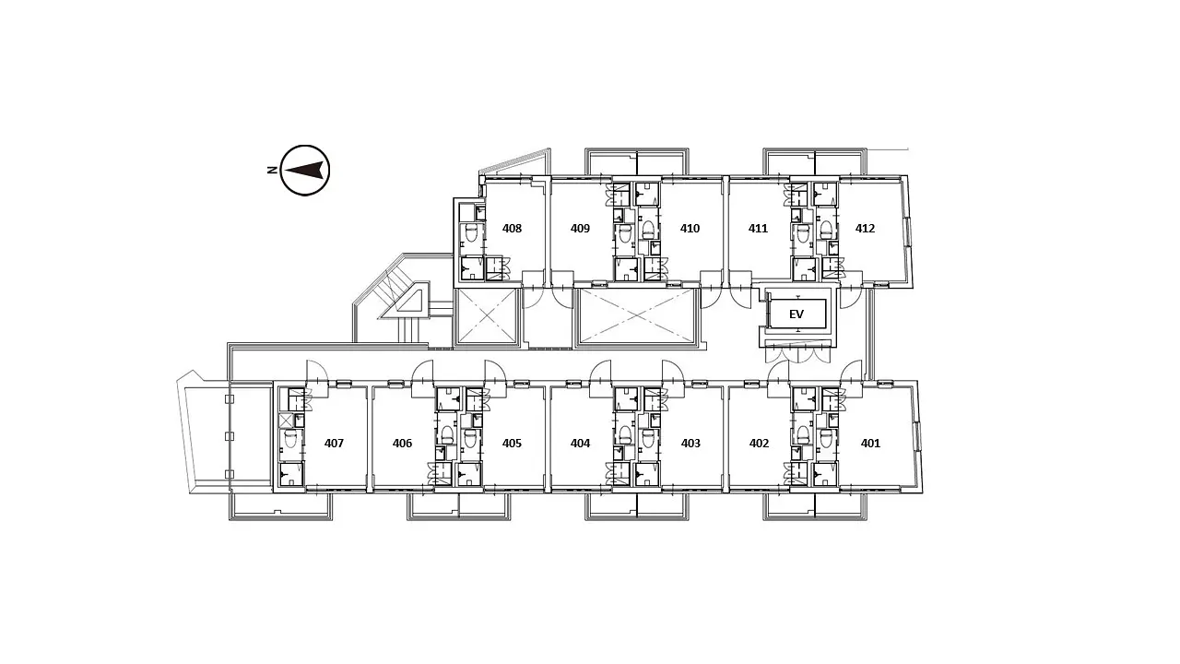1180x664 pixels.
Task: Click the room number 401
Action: tap(870, 444)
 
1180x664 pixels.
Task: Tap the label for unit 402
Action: tap(759, 444)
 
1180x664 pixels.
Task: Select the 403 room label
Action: tap(690, 444)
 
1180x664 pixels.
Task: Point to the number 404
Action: tap(580, 444)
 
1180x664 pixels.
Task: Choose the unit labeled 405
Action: tap(512, 444)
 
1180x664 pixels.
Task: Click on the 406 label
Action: tap(402, 444)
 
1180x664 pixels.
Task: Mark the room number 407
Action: tap(334, 444)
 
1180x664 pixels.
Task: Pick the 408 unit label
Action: tap(512, 228)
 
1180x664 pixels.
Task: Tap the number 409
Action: tap(580, 228)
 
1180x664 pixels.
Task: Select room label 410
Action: tap(690, 228)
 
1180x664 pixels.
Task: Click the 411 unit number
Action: tap(758, 228)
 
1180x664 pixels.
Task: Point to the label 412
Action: tap(865, 228)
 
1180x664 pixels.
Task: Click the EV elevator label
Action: tap(796, 314)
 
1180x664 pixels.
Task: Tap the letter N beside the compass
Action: tap(272, 171)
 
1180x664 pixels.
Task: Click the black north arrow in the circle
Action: tap(303, 171)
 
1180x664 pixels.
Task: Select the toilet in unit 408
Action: tap(472, 231)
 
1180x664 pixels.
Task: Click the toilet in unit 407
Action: tap(290, 436)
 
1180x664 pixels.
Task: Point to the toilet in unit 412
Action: tap(825, 228)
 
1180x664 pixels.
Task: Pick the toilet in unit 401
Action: tap(825, 436)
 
